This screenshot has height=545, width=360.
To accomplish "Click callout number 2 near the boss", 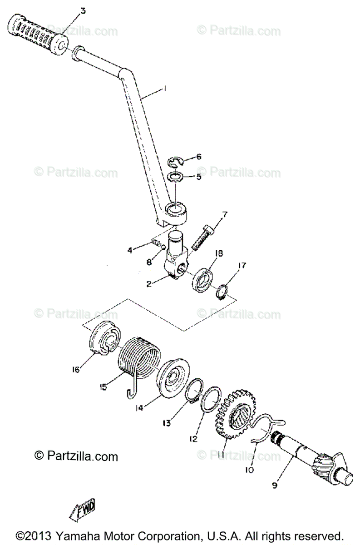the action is tap(148, 284).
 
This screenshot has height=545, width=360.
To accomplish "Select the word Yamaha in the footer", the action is tap(84, 535).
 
